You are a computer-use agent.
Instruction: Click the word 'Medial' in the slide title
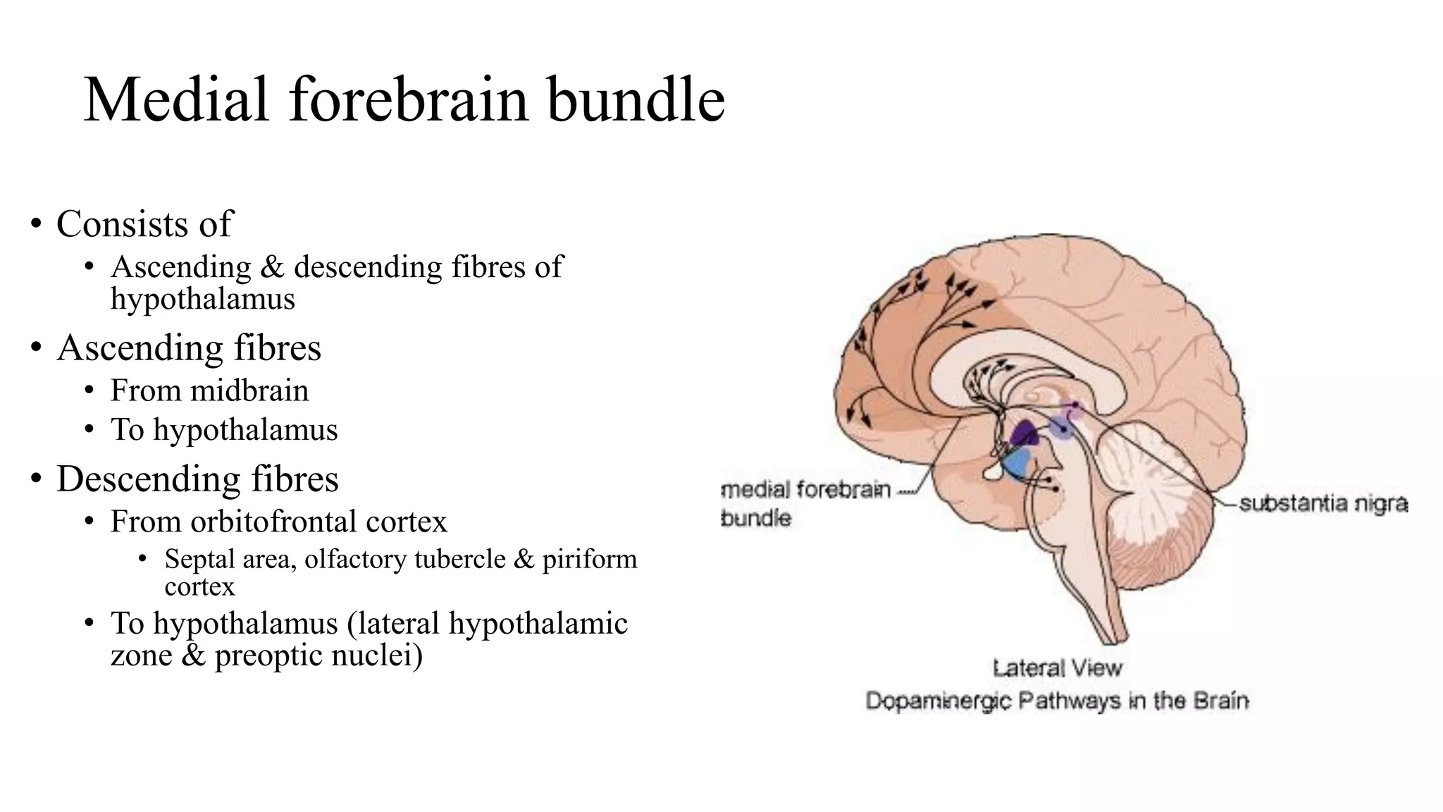point(176,100)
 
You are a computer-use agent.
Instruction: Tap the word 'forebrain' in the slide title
point(408,100)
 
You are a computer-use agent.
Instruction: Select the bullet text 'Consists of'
point(144,224)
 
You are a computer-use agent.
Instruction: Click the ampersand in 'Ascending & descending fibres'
point(272,268)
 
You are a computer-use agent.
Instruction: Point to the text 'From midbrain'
point(209,390)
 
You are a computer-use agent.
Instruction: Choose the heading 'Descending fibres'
point(197,479)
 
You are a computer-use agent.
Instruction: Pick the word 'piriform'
point(589,559)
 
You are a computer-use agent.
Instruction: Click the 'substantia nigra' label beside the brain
point(1323,503)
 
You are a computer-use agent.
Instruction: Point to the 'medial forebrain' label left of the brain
point(807,489)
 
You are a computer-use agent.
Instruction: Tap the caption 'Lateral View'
point(1057,668)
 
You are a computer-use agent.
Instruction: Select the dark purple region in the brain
point(1023,433)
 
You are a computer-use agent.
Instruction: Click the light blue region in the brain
point(1017,464)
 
